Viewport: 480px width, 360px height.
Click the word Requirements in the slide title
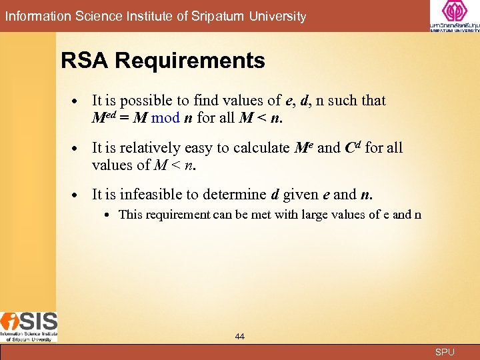click(190, 61)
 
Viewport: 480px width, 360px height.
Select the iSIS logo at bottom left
click(29, 326)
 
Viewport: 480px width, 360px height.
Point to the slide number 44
click(240, 337)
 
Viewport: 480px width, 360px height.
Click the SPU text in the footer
click(445, 352)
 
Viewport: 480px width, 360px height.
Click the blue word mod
click(165, 118)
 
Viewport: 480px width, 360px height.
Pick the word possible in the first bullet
click(147, 101)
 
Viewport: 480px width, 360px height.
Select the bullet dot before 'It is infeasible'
click(77, 195)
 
